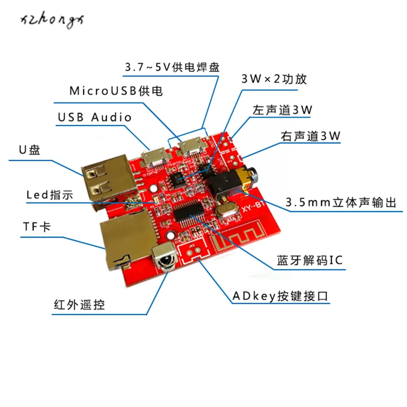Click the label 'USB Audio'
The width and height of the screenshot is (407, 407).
tap(95, 117)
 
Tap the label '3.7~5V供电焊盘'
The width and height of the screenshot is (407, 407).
tap(172, 67)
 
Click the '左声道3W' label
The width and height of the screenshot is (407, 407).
tap(282, 110)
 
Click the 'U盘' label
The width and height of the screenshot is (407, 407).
tap(30, 150)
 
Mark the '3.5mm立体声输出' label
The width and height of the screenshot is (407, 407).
tap(341, 202)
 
